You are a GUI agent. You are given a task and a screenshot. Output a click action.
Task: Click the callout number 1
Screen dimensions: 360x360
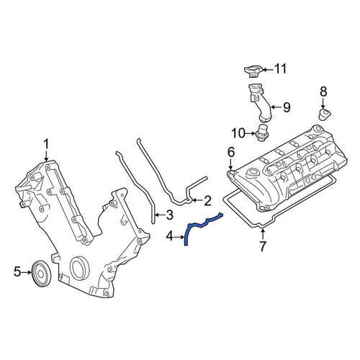point(46,145)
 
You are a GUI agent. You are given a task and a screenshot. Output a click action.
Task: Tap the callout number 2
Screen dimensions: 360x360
point(207,201)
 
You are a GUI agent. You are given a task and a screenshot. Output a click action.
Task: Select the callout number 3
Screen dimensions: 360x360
point(169,215)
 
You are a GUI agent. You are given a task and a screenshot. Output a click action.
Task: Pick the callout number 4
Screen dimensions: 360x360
point(170,237)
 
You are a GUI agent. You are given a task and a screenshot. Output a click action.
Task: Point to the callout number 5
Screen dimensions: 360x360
point(17,272)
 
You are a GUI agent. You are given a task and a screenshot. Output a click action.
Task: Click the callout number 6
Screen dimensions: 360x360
point(231,152)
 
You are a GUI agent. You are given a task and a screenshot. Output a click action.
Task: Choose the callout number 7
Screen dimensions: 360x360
point(263,246)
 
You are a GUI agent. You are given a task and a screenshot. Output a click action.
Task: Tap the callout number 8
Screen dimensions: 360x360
point(323,91)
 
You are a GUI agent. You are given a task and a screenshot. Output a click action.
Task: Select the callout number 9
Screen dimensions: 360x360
point(287,107)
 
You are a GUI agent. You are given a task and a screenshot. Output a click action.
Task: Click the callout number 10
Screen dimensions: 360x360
point(238,133)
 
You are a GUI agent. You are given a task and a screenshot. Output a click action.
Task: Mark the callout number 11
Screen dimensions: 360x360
point(280,69)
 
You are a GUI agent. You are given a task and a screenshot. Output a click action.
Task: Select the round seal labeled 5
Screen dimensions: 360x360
point(42,273)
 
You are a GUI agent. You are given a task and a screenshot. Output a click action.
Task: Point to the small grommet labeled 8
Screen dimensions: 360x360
point(325,114)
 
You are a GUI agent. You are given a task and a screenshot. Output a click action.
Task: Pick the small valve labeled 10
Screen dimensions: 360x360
point(262,132)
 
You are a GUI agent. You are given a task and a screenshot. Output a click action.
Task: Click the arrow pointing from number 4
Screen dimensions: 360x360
point(179,237)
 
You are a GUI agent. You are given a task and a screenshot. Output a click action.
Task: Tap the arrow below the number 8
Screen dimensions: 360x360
point(323,103)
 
